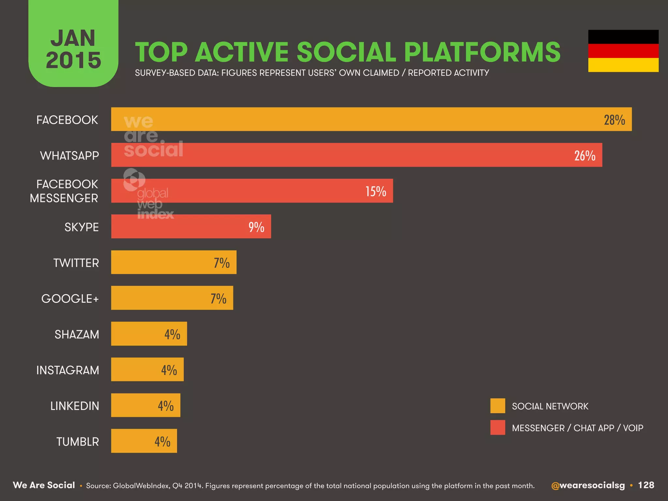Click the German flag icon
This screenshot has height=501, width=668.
623,51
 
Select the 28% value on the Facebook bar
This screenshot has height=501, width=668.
614,120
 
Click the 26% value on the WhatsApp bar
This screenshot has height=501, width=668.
584,156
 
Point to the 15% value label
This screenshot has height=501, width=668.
375,191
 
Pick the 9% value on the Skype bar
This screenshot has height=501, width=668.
256,227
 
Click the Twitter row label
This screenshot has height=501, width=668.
76,263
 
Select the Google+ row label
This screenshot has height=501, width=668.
70,299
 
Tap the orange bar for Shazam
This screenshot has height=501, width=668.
149,334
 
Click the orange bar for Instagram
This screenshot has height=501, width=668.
147,370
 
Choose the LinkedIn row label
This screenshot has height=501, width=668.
74,406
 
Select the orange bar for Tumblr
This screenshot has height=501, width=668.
144,441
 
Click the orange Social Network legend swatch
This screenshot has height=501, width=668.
497,406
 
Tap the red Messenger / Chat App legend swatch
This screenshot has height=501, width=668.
497,428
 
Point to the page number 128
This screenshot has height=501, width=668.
646,485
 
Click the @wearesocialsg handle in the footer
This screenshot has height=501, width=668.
588,485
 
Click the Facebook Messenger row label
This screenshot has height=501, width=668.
64,191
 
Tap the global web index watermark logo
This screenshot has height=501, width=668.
148,194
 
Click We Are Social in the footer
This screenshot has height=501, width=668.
44,485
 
